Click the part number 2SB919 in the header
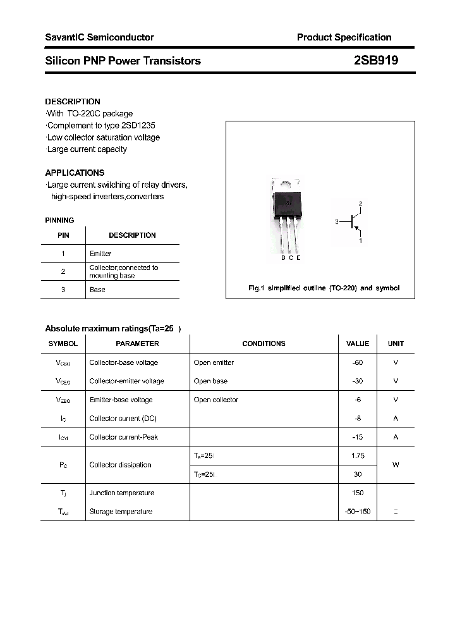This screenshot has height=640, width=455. (x=375, y=61)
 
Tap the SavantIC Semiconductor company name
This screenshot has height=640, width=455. (x=99, y=37)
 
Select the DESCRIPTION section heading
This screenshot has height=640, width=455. (x=73, y=101)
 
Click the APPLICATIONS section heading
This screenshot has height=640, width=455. (x=75, y=173)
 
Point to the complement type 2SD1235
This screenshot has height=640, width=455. (x=133, y=126)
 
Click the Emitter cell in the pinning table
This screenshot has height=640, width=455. (x=100, y=254)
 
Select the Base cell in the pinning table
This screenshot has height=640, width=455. (x=97, y=290)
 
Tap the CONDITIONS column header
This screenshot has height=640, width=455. (x=264, y=343)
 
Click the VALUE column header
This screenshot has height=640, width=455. (x=358, y=343)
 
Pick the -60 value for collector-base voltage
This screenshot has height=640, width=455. (x=358, y=362)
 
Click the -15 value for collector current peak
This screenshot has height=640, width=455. (x=358, y=437)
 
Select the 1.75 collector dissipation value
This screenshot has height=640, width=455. (x=358, y=455)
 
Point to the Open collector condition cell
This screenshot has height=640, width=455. (x=216, y=400)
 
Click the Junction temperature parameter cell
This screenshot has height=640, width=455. (x=121, y=493)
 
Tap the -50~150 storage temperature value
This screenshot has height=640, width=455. (x=358, y=512)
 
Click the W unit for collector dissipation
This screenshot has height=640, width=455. (x=396, y=465)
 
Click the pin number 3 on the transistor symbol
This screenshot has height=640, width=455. (x=337, y=222)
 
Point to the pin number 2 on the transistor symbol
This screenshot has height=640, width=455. (x=360, y=203)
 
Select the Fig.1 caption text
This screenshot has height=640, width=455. (x=324, y=288)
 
